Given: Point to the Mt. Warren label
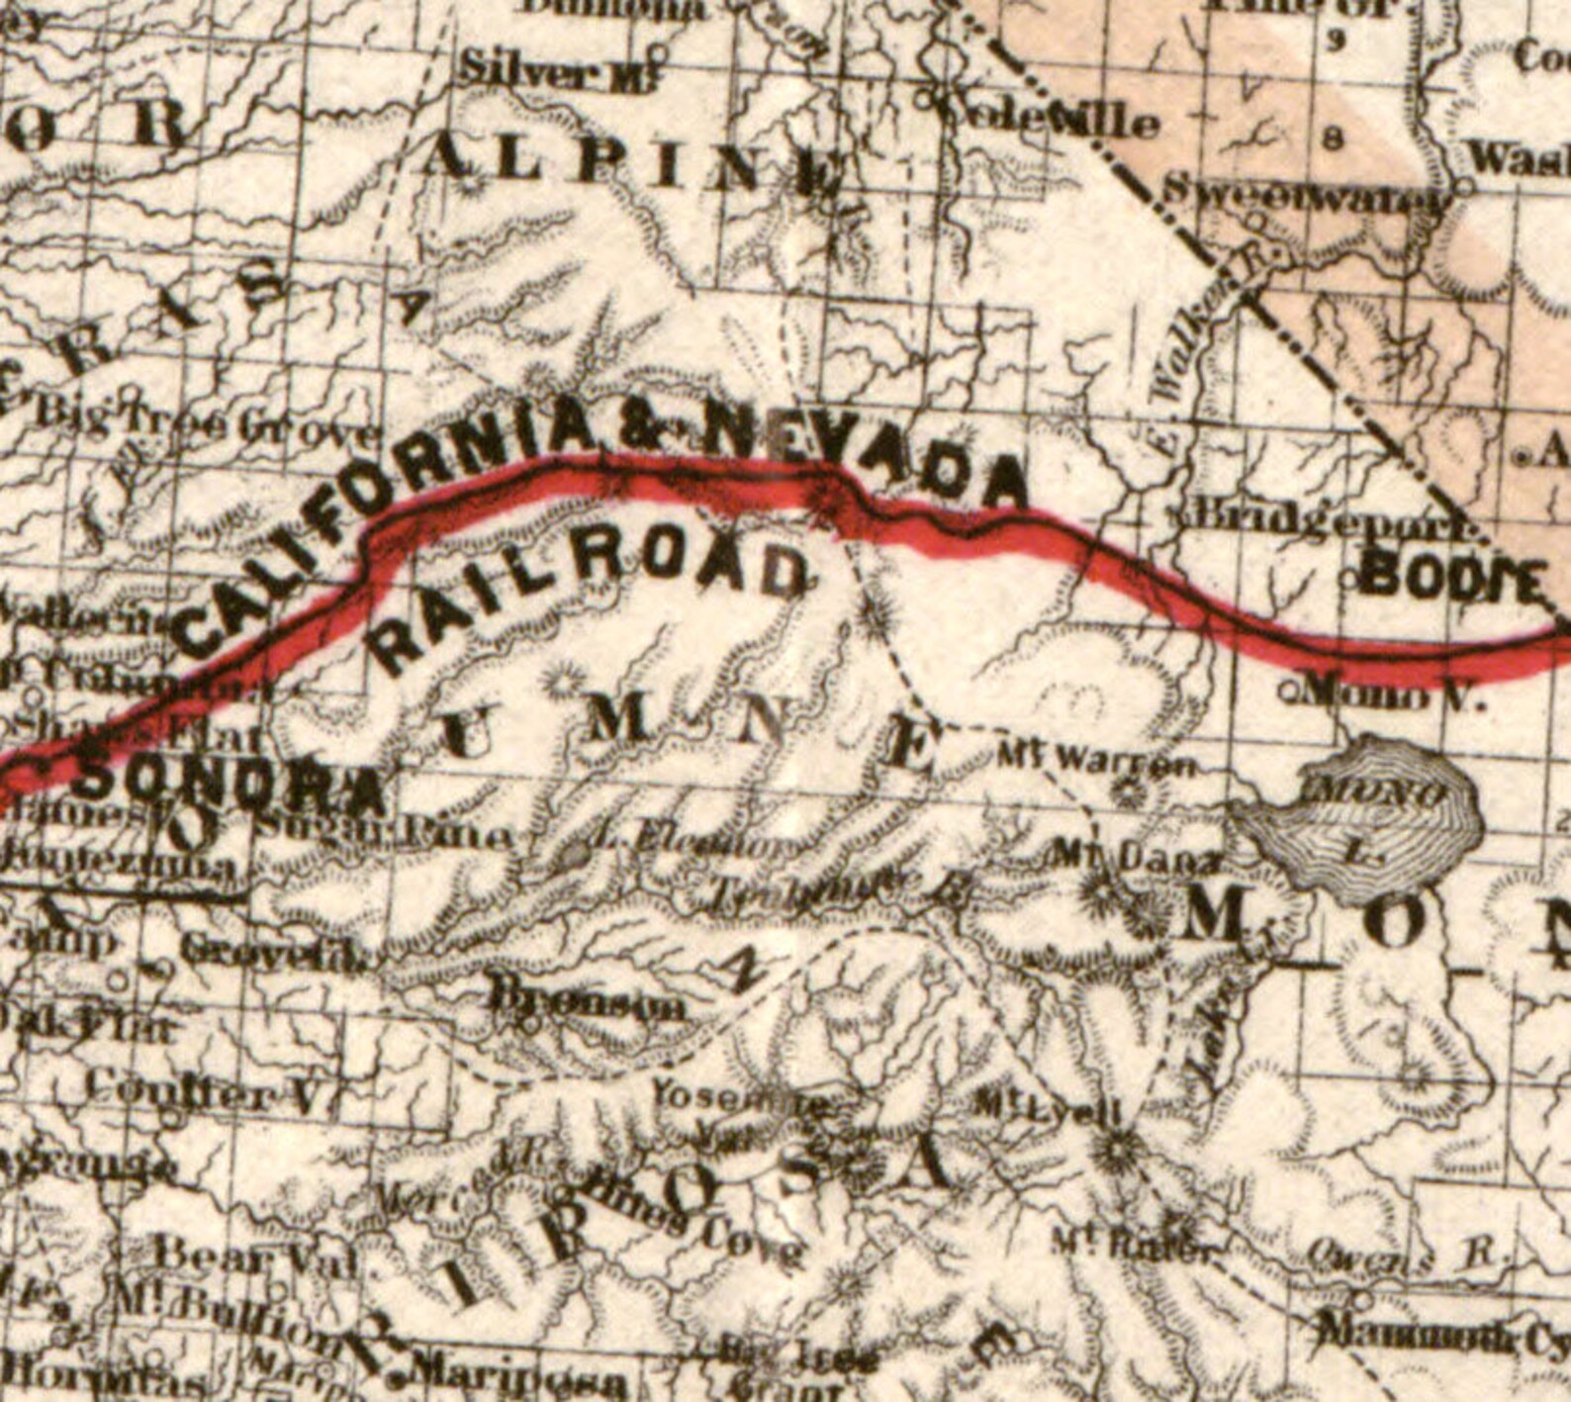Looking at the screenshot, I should pos(1097,762).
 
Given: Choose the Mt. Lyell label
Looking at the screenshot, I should pos(1049,1106).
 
